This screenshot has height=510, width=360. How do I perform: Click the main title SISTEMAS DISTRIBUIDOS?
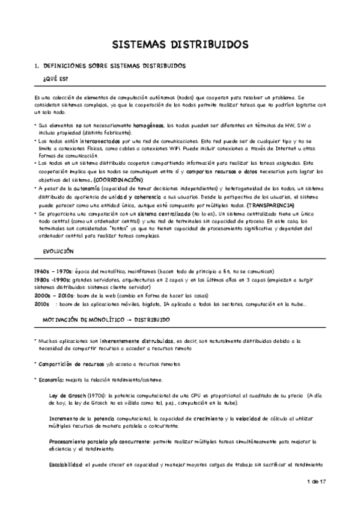pos(180,45)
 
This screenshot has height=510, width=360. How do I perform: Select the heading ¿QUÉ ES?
pos(55,79)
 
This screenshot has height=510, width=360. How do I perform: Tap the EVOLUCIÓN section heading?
pos(59,250)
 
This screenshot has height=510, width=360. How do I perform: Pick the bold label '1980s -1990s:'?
pos(53,280)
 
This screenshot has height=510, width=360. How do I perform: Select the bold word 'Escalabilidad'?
pos(67,464)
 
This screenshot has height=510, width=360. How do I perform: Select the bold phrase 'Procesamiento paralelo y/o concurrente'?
pos(99,441)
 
